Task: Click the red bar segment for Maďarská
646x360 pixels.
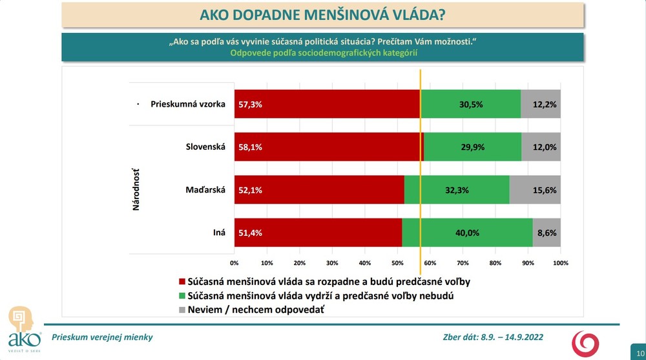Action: (319, 190)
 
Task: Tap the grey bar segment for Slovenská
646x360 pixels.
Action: (541, 147)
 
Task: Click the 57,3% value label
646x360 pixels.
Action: (251, 104)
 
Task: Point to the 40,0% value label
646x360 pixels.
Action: (467, 233)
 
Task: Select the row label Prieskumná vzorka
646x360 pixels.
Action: (187, 104)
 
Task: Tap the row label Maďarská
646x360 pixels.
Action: (205, 190)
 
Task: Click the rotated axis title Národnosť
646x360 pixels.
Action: (136, 189)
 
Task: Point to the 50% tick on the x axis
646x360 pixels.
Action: (397, 263)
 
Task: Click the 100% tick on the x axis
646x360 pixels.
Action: (560, 263)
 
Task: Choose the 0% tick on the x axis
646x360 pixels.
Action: (234, 263)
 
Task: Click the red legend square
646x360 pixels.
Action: (182, 282)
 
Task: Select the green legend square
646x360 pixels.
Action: (182, 296)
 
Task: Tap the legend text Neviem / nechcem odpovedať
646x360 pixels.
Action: (255, 310)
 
